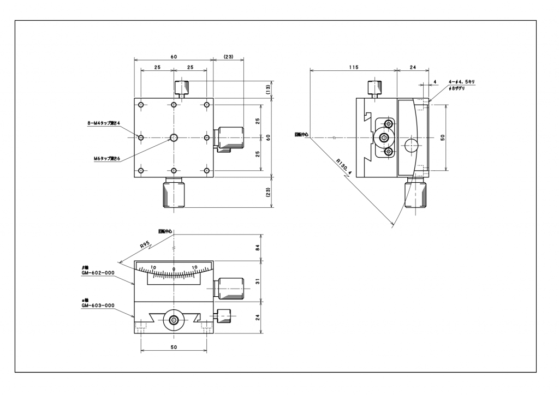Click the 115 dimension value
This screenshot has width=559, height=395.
pyautogui.click(x=353, y=67)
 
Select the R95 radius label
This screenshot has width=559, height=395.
pyautogui.click(x=145, y=246)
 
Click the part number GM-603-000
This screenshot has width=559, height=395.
pyautogui.click(x=98, y=306)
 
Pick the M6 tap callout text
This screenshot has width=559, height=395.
pyautogui.click(x=106, y=159)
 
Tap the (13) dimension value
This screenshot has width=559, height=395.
pyautogui.click(x=269, y=89)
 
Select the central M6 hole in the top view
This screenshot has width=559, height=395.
pyautogui.click(x=174, y=137)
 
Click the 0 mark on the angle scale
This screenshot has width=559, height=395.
pyautogui.click(x=174, y=268)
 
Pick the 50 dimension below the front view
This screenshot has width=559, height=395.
pyautogui.click(x=174, y=347)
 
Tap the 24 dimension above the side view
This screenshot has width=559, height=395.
pyautogui.click(x=413, y=67)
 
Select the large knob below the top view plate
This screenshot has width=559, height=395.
pyautogui.click(x=174, y=194)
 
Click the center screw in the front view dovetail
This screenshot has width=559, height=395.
pyautogui.click(x=174, y=321)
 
